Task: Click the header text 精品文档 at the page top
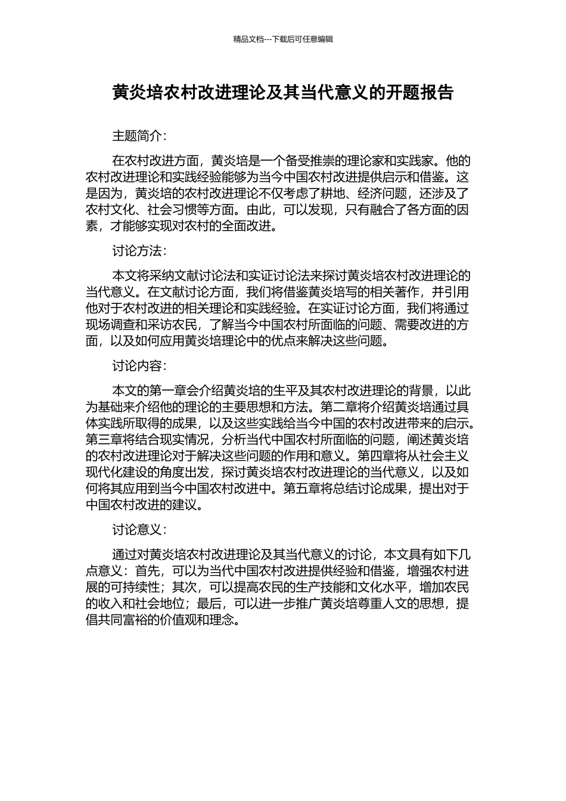click(248, 39)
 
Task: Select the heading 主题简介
click(136, 136)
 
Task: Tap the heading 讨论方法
click(136, 251)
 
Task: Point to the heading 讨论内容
click(136, 366)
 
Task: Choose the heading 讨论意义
click(136, 529)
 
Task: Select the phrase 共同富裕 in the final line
click(123, 620)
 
